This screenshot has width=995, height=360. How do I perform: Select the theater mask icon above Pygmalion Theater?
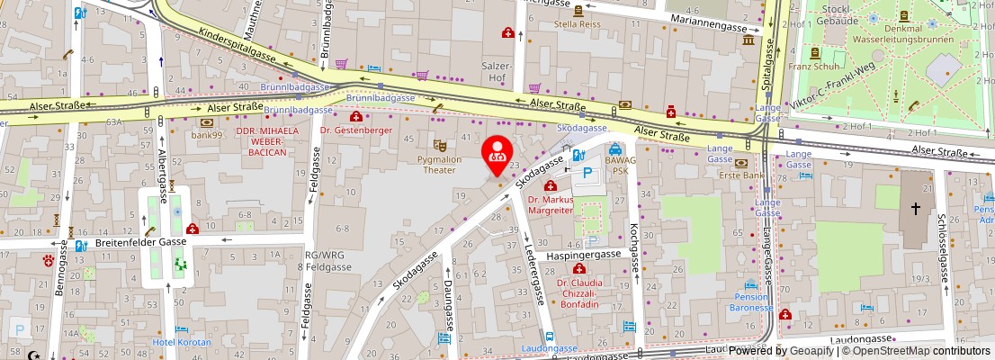439,144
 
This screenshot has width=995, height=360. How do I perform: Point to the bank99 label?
206,135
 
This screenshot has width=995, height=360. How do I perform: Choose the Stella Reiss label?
578,25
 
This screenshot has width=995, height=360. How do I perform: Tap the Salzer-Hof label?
497,73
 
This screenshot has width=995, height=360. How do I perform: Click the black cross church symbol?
915,208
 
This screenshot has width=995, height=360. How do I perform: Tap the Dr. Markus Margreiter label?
550,204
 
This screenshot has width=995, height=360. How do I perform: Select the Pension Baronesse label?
751,301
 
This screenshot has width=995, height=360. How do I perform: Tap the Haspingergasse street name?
584,255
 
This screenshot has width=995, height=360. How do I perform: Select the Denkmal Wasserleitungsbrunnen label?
909,33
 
